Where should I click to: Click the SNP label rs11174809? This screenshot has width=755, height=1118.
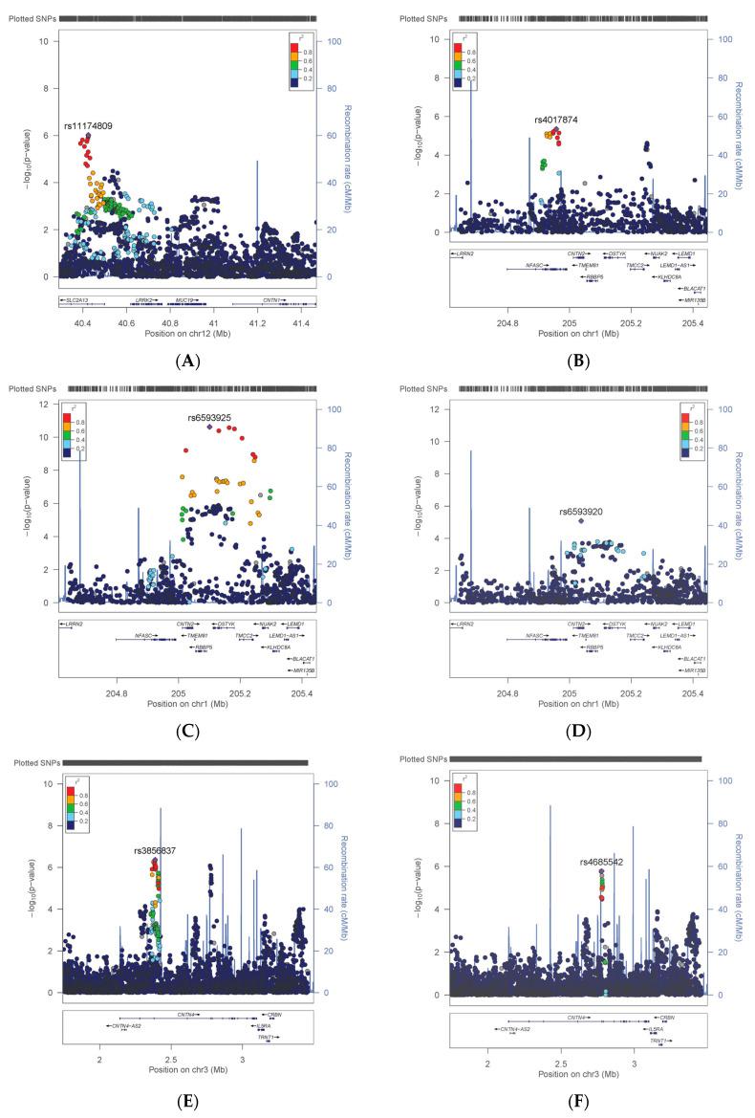[88, 125]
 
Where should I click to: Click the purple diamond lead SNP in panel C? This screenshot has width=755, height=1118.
[209, 427]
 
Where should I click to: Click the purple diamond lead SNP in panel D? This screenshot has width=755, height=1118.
[581, 521]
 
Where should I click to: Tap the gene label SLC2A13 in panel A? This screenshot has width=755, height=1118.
[77, 299]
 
